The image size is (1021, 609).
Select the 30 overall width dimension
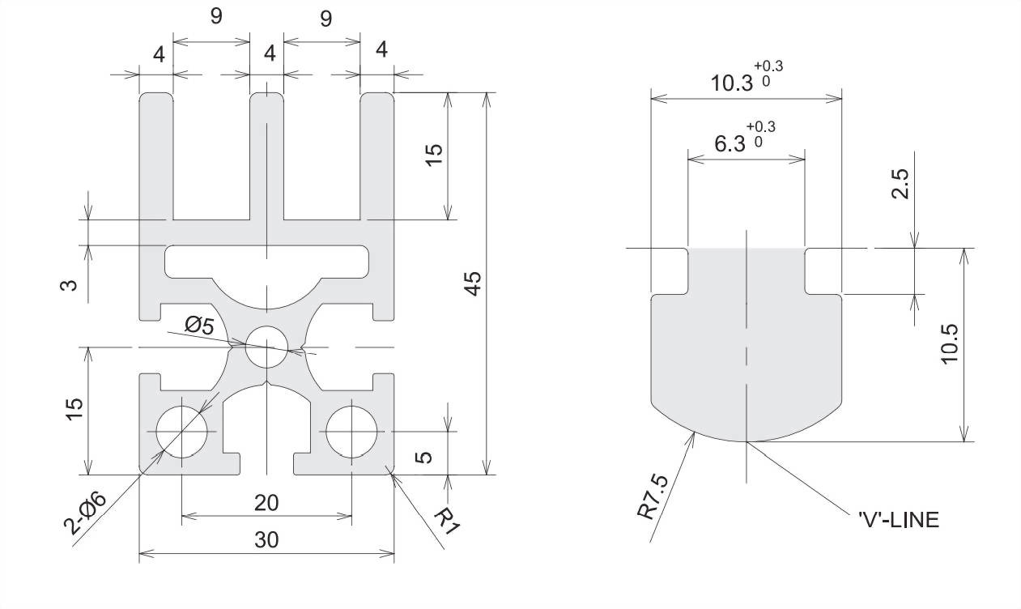(x=266, y=540)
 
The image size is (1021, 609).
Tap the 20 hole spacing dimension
(x=266, y=502)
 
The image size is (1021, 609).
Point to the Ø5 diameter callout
(x=199, y=326)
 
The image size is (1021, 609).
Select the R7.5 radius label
(x=654, y=496)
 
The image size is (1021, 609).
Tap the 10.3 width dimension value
(x=731, y=83)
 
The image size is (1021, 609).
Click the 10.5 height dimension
(x=949, y=343)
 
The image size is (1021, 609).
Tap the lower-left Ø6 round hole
(x=181, y=431)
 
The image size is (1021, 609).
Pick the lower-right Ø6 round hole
(x=352, y=431)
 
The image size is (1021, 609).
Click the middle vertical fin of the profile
(x=266, y=154)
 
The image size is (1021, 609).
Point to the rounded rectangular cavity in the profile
(x=266, y=261)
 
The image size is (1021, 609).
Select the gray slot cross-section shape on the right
(x=746, y=356)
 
